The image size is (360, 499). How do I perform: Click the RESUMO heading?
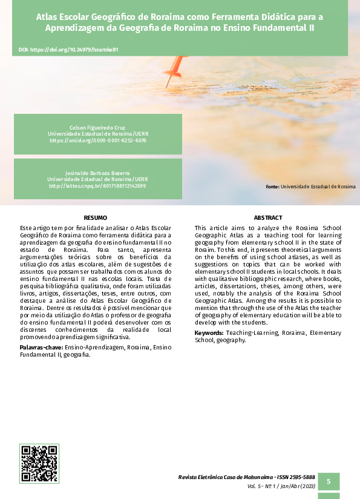click(x=96, y=217)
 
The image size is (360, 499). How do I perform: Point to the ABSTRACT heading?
click(x=268, y=217)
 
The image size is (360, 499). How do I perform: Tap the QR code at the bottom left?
click(x=40, y=463)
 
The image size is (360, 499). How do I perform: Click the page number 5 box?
click(x=329, y=481)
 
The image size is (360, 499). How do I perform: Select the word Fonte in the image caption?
click(x=272, y=187)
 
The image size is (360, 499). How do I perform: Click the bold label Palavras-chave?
click(x=39, y=348)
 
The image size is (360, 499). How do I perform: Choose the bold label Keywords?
click(x=209, y=334)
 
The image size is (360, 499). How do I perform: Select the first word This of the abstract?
click(x=200, y=227)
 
